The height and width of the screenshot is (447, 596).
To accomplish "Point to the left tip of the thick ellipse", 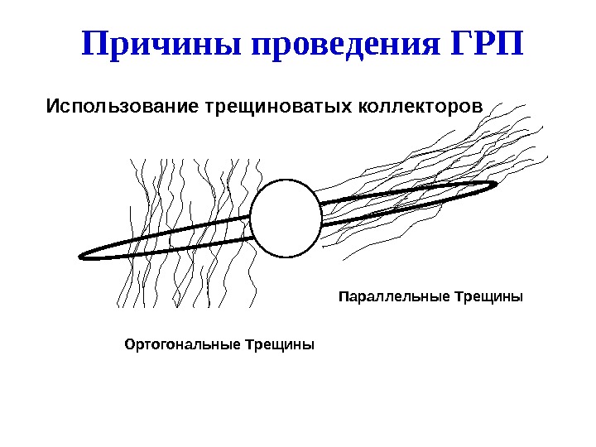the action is point(81,256).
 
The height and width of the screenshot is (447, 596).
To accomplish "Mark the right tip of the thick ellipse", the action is point(495,184).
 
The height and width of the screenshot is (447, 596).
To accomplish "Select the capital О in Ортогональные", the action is point(128,344).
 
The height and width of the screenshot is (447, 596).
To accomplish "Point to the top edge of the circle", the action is point(286,180).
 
